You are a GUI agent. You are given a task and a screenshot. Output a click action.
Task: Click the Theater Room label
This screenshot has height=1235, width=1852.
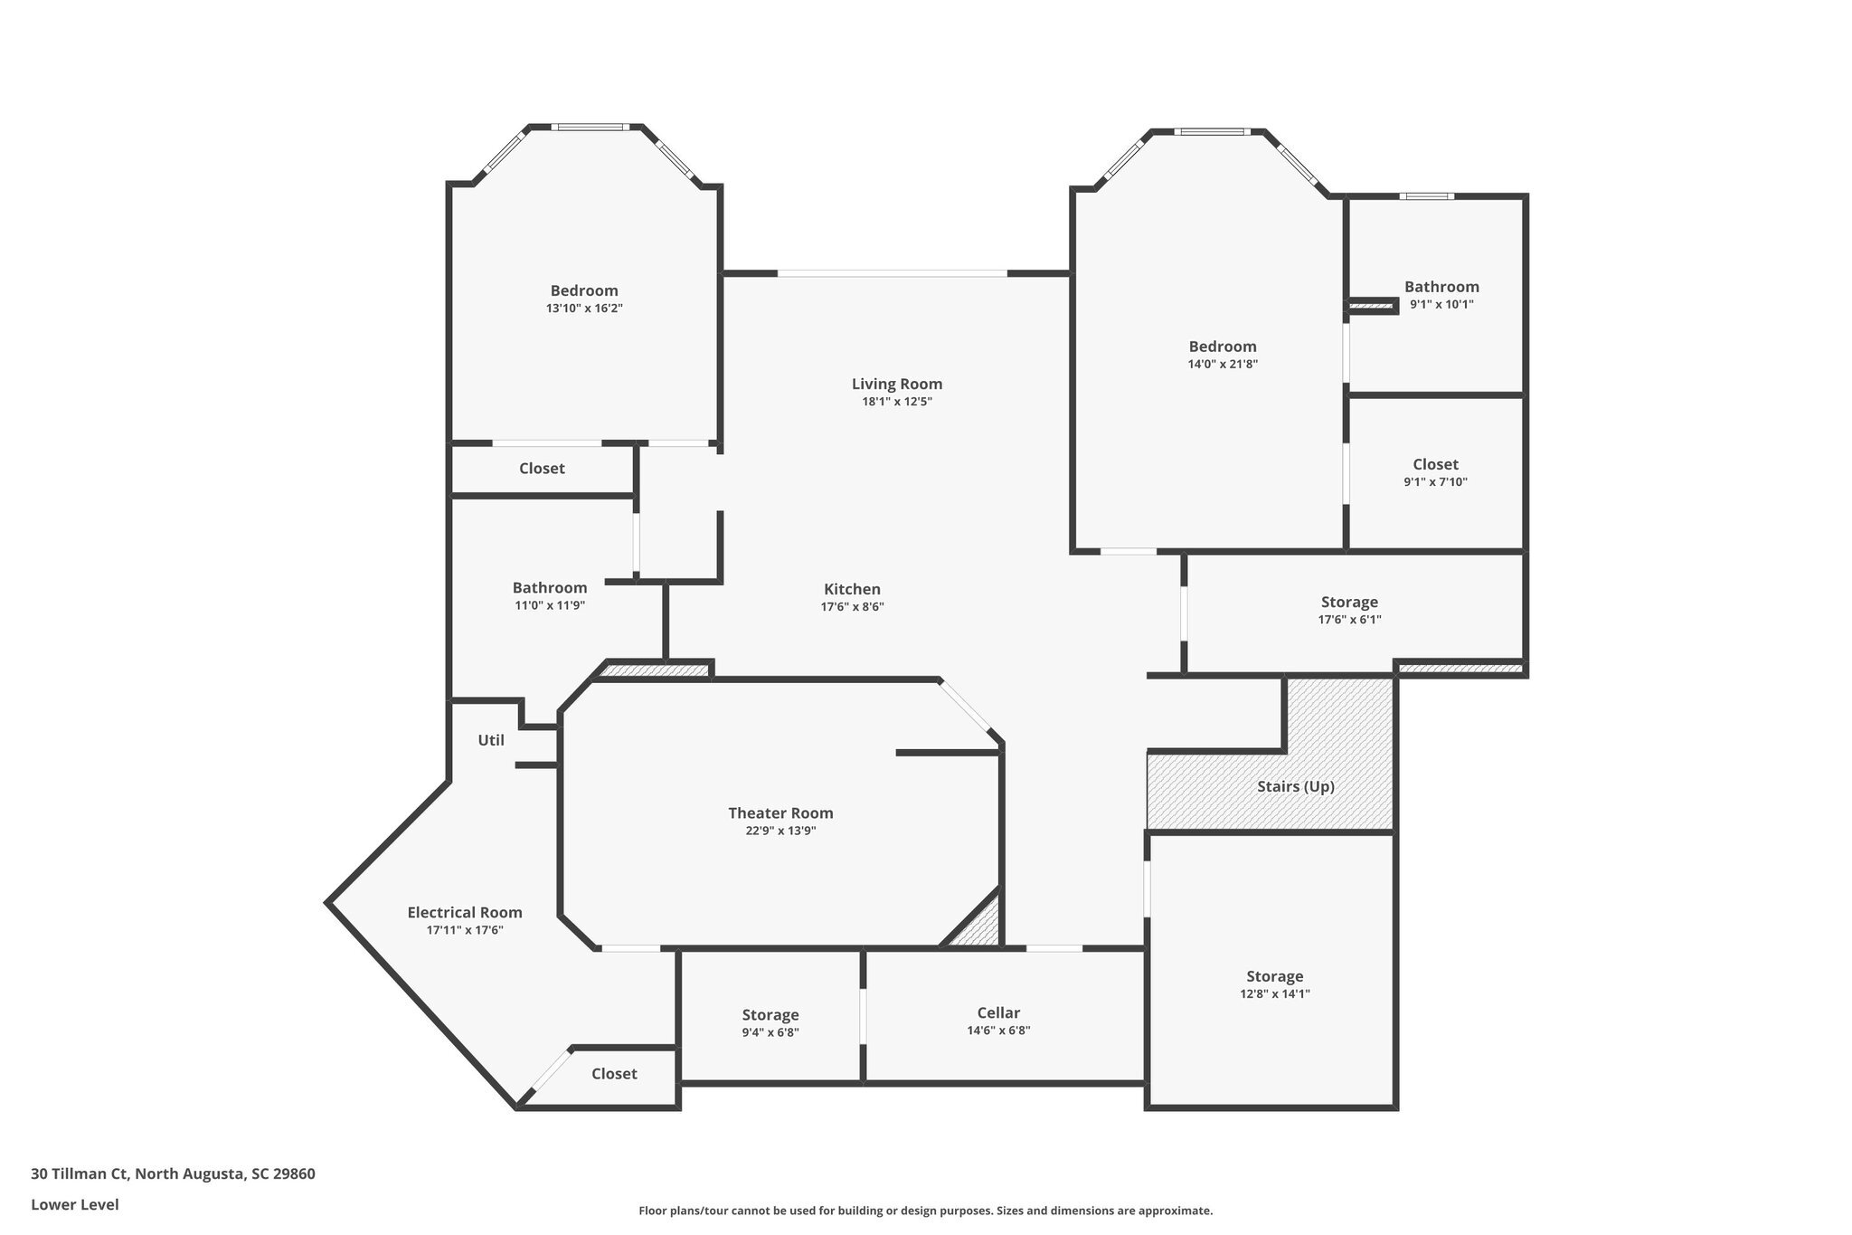click(780, 813)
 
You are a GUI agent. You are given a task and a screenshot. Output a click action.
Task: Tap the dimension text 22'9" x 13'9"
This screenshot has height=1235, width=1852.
click(780, 831)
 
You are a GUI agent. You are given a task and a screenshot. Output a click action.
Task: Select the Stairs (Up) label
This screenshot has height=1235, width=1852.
click(1295, 786)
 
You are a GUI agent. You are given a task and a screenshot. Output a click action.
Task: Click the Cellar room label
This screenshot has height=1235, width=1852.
click(998, 1012)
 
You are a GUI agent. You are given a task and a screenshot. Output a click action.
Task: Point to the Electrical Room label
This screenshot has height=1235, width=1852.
click(464, 912)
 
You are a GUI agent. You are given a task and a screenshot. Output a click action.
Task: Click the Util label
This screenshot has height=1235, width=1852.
click(491, 740)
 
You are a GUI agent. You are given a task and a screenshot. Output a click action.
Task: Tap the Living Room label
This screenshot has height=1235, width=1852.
click(896, 384)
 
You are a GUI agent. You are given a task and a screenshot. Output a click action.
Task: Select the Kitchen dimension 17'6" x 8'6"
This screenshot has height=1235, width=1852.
click(852, 607)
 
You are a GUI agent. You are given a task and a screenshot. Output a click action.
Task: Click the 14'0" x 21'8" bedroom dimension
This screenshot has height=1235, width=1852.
click(1223, 365)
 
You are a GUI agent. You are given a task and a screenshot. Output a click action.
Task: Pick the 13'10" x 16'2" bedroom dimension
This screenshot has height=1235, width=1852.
click(584, 309)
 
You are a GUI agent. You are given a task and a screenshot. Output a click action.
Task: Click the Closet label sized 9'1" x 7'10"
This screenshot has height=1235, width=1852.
click(1435, 464)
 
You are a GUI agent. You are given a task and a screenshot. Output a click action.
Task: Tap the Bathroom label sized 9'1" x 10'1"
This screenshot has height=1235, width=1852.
click(1441, 287)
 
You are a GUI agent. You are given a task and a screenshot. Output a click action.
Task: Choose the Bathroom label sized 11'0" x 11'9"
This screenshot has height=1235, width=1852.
click(549, 588)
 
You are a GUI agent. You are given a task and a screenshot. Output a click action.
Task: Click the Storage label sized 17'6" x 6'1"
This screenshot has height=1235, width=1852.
click(1349, 602)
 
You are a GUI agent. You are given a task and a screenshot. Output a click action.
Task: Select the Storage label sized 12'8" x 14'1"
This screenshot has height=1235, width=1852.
click(1274, 976)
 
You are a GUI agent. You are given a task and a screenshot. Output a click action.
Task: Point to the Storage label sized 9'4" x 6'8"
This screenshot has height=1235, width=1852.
click(770, 1015)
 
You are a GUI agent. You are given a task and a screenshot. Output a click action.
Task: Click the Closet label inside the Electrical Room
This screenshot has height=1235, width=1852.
click(614, 1074)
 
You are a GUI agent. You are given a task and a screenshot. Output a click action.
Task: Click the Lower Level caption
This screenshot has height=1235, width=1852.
click(75, 1204)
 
